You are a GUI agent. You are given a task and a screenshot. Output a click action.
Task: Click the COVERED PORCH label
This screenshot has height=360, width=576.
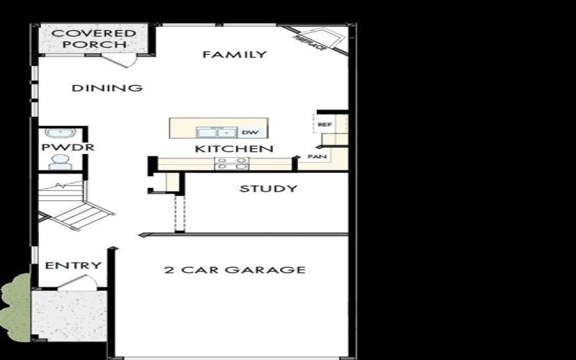(94, 39)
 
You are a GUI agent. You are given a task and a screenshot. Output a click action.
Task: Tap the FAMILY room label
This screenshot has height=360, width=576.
(234, 55)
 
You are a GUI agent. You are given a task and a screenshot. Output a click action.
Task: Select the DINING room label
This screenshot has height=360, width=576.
(107, 89)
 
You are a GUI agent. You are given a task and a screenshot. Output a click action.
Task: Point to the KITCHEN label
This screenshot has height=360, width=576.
(234, 149)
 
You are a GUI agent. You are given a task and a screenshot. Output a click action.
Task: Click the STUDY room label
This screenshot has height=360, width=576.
(268, 189)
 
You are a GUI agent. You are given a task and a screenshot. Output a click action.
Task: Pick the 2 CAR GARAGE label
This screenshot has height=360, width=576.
(235, 270)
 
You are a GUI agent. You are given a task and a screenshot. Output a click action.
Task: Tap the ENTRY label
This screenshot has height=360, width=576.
(73, 266)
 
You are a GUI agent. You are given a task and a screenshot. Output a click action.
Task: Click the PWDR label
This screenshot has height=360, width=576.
(58, 148)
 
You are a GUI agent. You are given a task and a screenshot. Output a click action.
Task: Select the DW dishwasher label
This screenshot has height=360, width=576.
(250, 132)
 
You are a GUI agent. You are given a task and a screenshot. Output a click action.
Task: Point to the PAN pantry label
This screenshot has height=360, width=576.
(316, 156)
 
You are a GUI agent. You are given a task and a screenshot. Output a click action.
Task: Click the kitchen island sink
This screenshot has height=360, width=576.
(217, 132)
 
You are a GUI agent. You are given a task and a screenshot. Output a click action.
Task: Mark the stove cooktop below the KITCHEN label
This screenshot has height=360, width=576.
(233, 164)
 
